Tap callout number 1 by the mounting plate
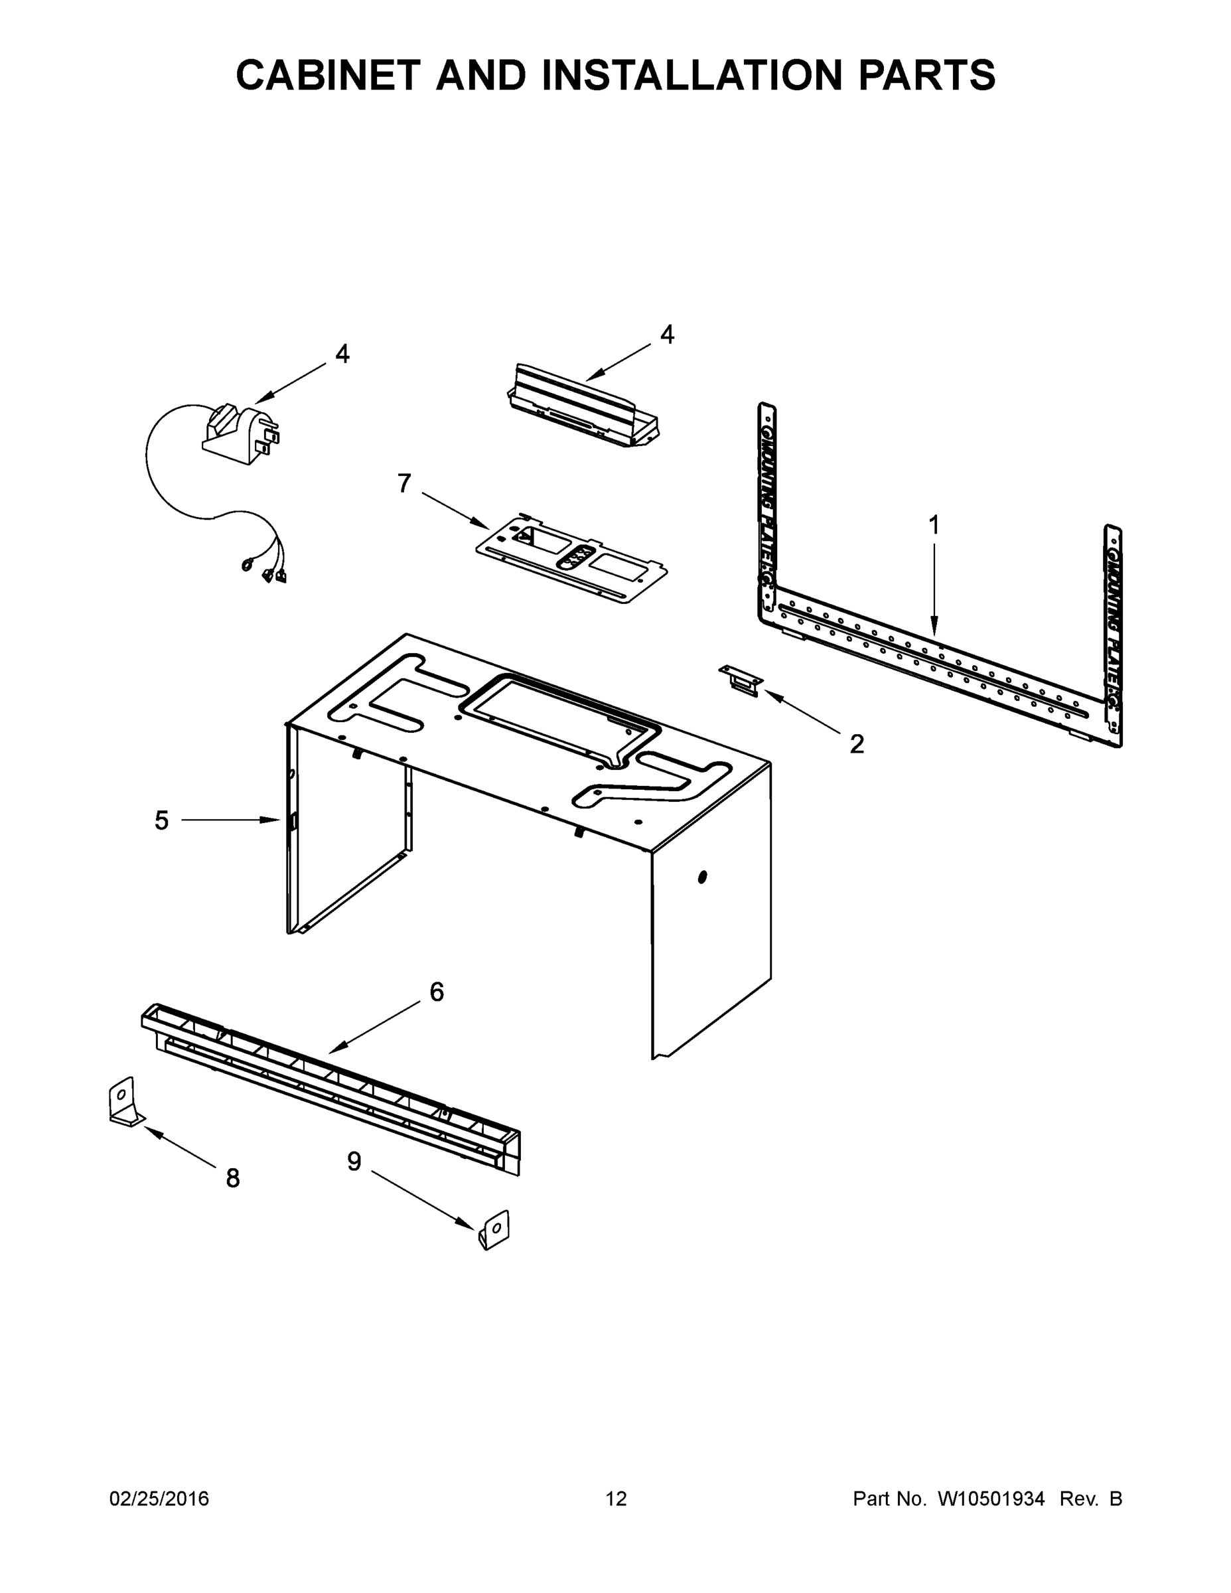[x=934, y=524]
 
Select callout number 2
[x=857, y=744]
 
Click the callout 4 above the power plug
[x=342, y=354]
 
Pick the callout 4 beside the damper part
[x=666, y=335]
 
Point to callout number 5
[x=161, y=820]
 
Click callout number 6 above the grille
[x=436, y=992]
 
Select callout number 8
[x=233, y=1178]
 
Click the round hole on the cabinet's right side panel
[x=702, y=877]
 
